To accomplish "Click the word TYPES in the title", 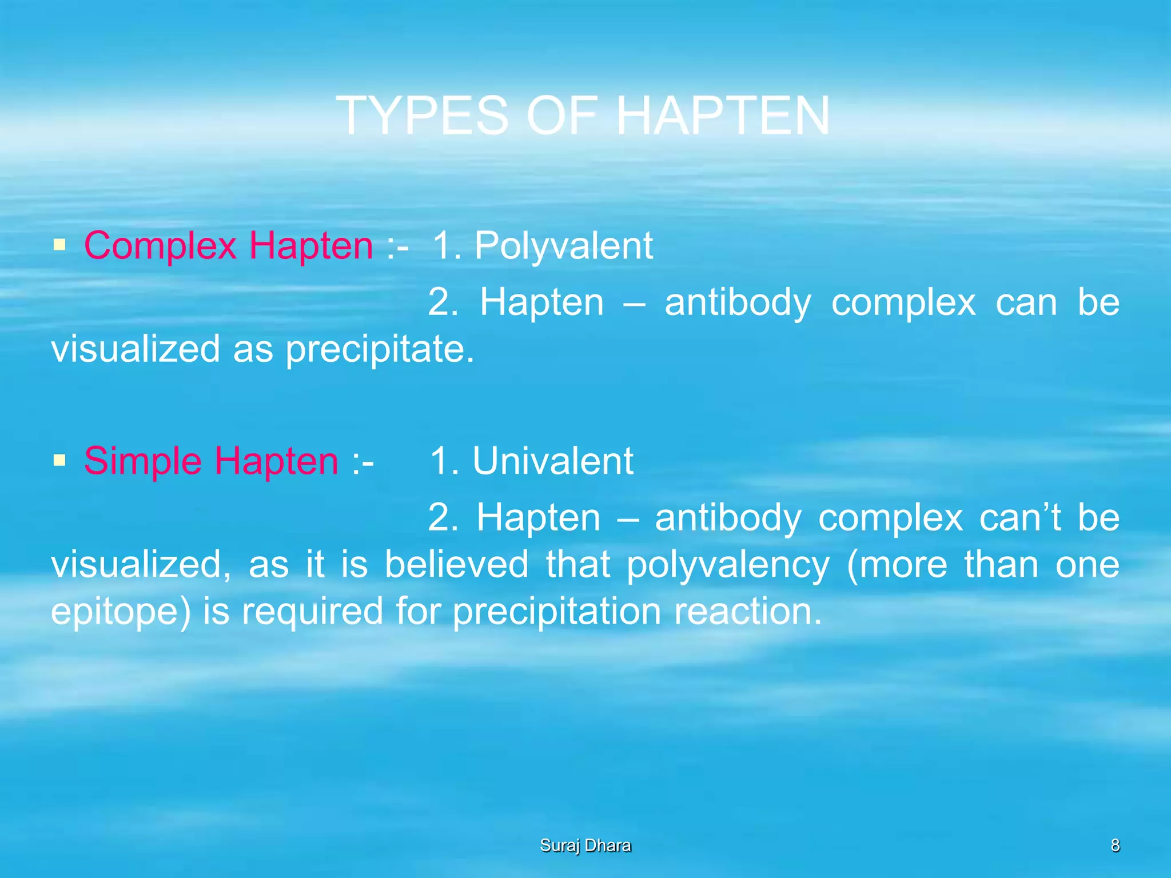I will pyautogui.click(x=422, y=116).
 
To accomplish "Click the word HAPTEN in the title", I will pyautogui.click(x=723, y=116).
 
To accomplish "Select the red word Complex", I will pyautogui.click(x=160, y=246).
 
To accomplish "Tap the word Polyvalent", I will pyautogui.click(x=563, y=246).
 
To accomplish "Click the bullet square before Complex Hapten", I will pyautogui.click(x=59, y=246).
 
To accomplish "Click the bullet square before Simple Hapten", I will pyautogui.click(x=59, y=460).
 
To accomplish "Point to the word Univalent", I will pyautogui.click(x=552, y=461).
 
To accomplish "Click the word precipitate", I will pyautogui.click(x=379, y=349).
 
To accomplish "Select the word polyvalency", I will pyautogui.click(x=728, y=565).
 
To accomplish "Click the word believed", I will pyautogui.click(x=456, y=565).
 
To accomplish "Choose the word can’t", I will pyautogui.click(x=1020, y=518).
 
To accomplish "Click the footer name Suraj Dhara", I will pyautogui.click(x=585, y=845).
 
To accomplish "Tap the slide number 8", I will pyautogui.click(x=1115, y=845).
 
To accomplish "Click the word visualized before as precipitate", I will pyautogui.click(x=136, y=349).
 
